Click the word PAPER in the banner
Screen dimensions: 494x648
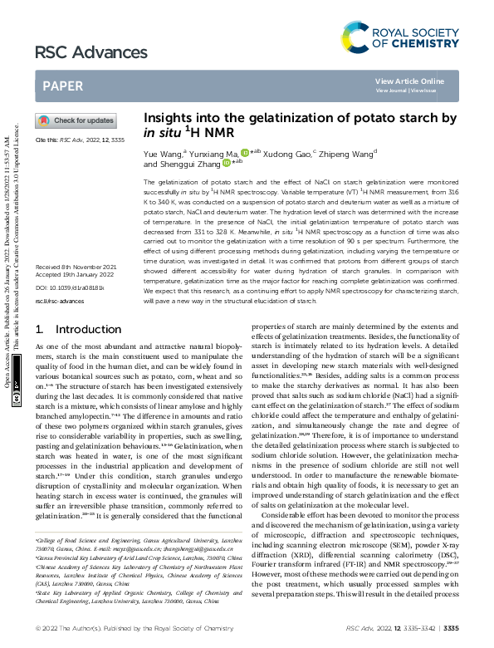62,86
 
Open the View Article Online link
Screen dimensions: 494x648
409,81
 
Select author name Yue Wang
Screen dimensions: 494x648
163,154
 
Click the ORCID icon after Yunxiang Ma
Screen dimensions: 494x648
245,153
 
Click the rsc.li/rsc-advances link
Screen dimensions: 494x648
55,299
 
